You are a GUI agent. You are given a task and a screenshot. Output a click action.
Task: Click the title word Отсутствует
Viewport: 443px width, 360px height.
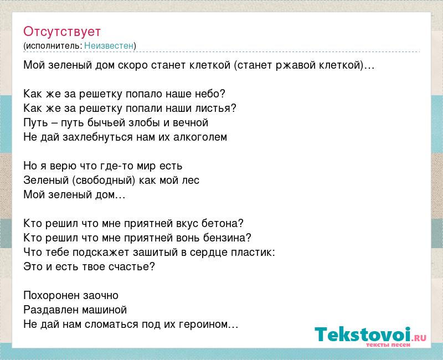click(x=62, y=32)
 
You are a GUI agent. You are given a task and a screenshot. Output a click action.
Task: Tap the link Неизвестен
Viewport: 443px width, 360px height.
click(x=109, y=45)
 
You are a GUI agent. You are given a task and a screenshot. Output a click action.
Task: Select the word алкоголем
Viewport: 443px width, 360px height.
click(x=200, y=137)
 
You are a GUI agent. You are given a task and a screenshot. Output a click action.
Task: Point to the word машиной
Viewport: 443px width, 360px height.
click(x=104, y=310)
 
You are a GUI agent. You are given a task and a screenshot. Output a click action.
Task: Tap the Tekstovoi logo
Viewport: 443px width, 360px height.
click(x=370, y=336)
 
